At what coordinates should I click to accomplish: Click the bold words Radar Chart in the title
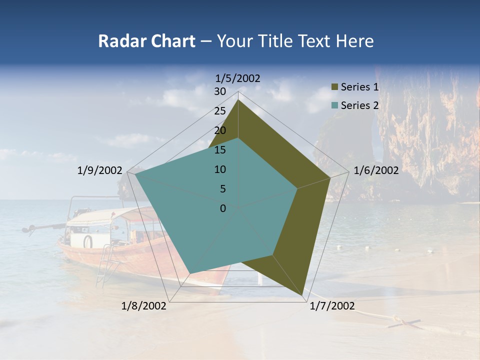tap(146, 41)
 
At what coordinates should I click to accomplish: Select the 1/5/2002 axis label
tap(238, 78)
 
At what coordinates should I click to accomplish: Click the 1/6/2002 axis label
tap(376, 170)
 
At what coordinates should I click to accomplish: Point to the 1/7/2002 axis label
tap(332, 306)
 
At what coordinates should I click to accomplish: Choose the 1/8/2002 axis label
tap(144, 306)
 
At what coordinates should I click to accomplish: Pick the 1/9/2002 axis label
tap(99, 170)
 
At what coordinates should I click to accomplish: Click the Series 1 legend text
tap(359, 87)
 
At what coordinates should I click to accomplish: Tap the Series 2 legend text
tap(359, 105)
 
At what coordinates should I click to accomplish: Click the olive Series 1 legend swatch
tap(335, 87)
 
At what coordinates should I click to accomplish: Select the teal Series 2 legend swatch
tap(335, 105)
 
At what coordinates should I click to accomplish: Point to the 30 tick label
tap(220, 91)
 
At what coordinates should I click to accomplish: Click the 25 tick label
tap(220, 111)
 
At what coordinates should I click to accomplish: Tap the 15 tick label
tap(220, 150)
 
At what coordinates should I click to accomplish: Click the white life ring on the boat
tap(88, 241)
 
